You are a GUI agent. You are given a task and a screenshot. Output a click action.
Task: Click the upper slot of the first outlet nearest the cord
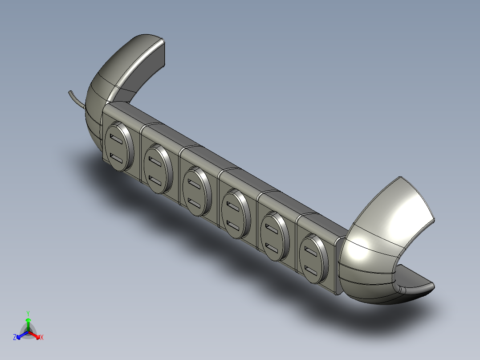[x=117, y=140]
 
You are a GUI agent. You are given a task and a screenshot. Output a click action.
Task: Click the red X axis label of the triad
[x=41, y=338]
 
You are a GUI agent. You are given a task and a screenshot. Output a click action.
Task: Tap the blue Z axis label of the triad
[x=15, y=338]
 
